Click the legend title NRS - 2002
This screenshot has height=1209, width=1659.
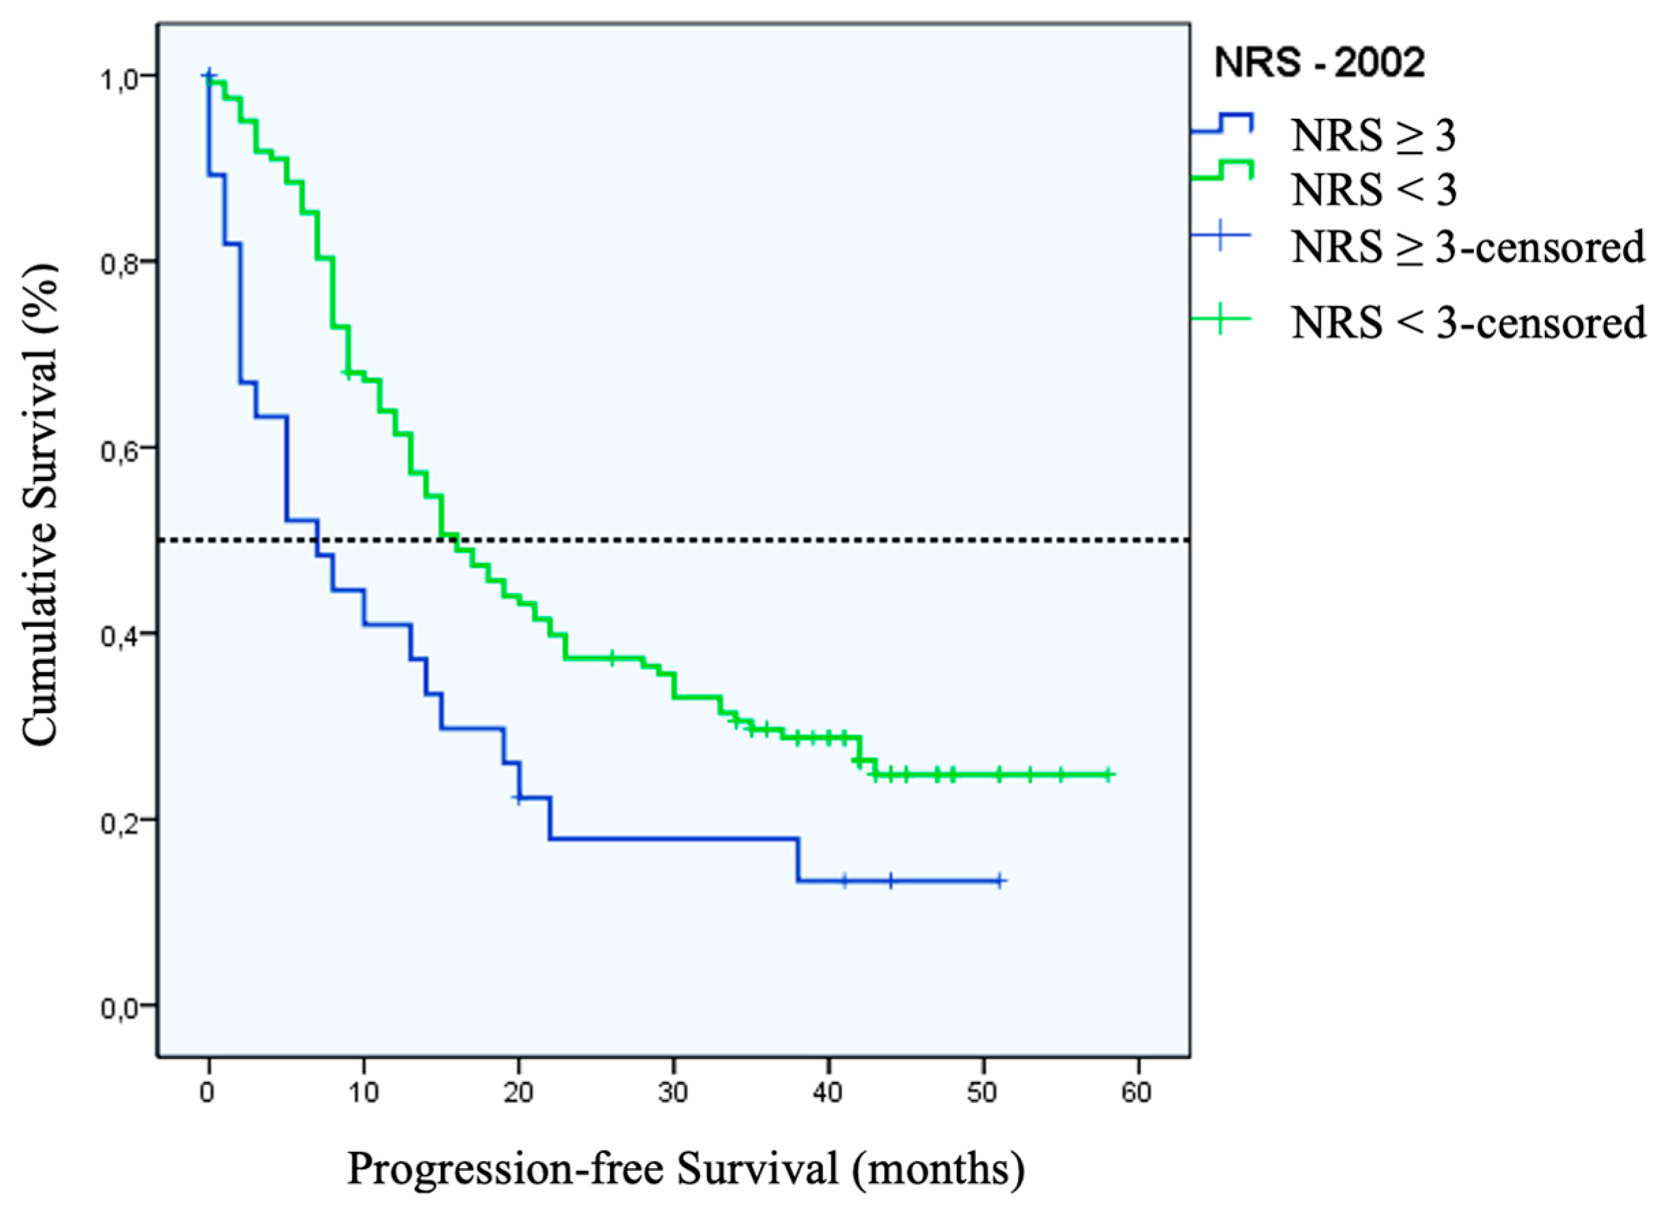1319,64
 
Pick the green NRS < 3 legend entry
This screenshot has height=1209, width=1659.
1374,190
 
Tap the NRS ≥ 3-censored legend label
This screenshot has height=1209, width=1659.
1468,246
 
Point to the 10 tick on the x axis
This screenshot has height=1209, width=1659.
364,1092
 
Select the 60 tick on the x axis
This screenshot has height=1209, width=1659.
1136,1092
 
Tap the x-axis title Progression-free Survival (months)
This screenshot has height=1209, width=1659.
685,1169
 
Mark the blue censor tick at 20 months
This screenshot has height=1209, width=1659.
518,798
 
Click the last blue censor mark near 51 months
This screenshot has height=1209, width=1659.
999,881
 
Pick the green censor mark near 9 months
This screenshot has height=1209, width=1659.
347,373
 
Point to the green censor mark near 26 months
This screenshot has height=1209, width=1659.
611,657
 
